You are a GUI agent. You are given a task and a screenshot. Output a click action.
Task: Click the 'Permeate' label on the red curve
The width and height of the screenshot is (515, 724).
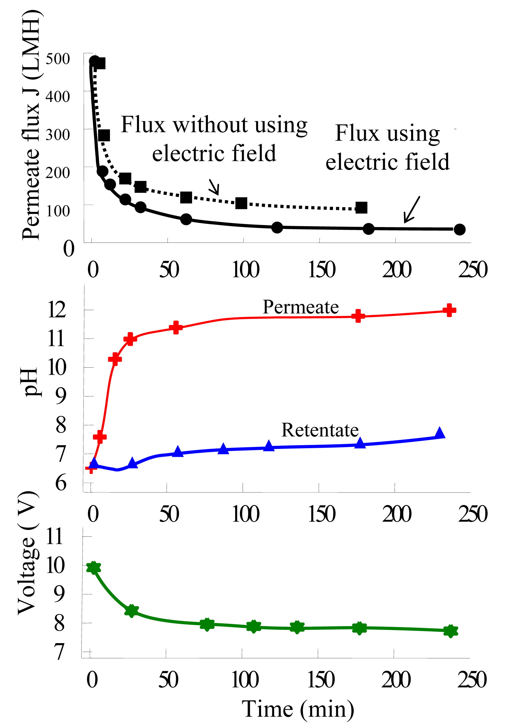tap(301, 307)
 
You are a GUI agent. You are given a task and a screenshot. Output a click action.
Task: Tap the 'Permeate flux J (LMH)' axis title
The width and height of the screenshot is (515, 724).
tap(31, 125)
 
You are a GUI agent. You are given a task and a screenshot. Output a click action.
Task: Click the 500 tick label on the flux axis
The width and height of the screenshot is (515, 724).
tap(57, 59)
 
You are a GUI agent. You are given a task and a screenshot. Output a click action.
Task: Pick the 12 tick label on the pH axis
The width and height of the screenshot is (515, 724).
tap(57, 310)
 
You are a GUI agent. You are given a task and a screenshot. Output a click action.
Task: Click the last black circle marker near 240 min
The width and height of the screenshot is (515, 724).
tap(459, 229)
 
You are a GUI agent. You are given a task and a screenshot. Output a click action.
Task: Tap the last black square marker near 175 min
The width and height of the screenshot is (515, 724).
tap(361, 208)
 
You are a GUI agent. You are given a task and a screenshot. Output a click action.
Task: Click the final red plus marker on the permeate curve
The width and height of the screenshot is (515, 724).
tap(449, 310)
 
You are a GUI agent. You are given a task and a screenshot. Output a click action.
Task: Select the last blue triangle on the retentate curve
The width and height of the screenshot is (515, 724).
tap(440, 433)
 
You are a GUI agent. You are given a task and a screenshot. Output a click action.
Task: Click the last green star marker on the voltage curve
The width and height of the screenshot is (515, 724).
tap(450, 631)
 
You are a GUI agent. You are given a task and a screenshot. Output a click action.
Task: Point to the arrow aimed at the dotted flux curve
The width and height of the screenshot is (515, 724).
tap(214, 187)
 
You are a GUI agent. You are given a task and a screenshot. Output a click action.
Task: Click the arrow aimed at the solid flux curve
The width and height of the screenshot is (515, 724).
tap(411, 210)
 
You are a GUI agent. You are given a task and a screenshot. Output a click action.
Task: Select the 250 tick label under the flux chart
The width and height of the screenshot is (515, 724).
tap(473, 270)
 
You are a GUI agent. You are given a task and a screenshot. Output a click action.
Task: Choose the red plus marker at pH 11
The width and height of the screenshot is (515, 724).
tap(130, 339)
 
